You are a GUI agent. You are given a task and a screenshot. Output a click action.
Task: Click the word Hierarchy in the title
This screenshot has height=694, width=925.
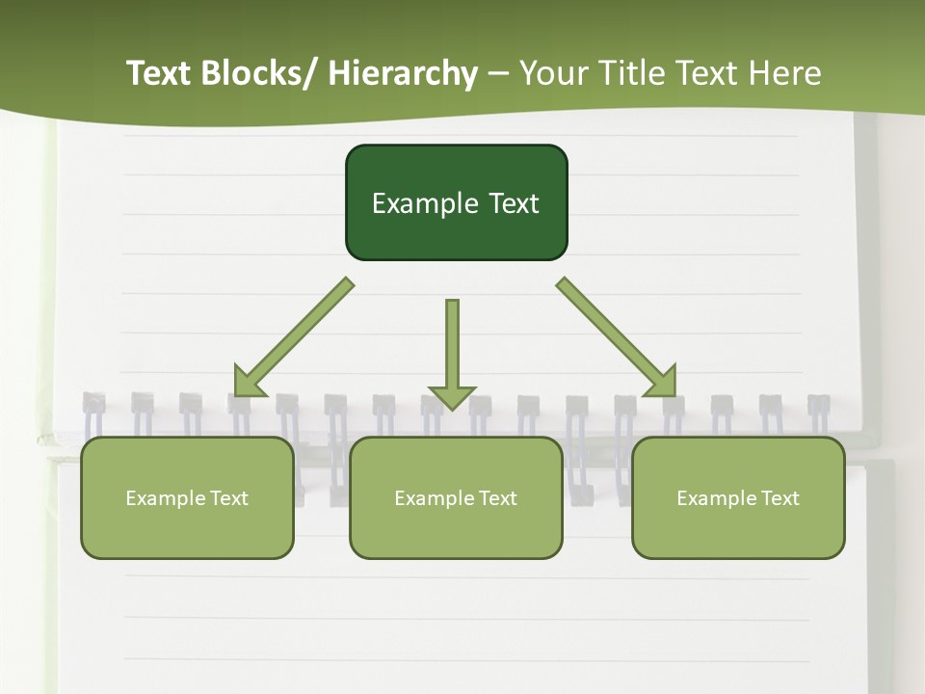[x=403, y=73]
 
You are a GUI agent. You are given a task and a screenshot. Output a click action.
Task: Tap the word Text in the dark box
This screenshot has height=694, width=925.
[x=514, y=203]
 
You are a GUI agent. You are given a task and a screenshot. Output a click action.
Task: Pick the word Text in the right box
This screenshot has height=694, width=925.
[x=780, y=498]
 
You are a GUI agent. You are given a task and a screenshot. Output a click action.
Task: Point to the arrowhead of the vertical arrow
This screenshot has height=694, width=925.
[x=452, y=397]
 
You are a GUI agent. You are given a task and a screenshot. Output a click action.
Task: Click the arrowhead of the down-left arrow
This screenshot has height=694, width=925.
[x=248, y=383]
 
